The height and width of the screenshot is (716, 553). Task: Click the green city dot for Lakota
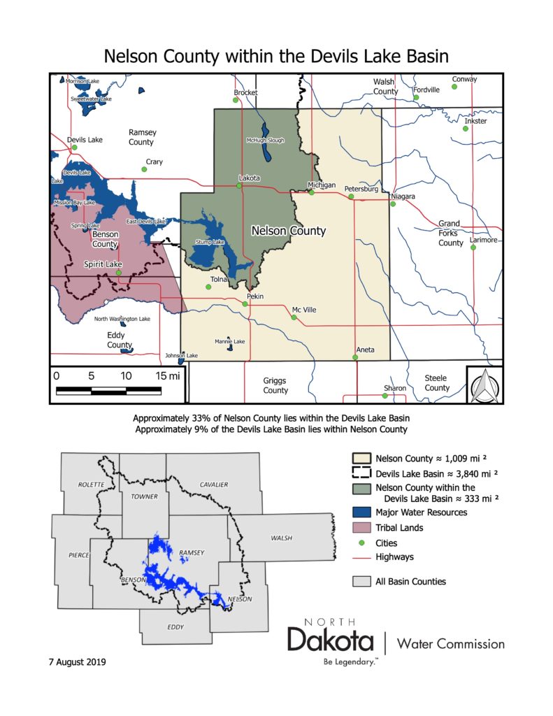[239, 186]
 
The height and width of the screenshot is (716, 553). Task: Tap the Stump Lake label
[210, 242]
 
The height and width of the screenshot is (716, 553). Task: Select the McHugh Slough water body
[266, 131]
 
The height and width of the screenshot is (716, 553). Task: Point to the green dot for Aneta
[356, 357]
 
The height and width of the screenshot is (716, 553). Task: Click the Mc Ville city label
[304, 309]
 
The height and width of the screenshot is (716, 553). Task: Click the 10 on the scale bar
[126, 375]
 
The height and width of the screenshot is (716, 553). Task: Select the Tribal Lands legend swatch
[361, 528]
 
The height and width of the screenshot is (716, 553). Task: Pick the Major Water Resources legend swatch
[361, 513]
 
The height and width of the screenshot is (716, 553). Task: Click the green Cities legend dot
[361, 543]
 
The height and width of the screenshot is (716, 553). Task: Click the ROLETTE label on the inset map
[91, 485]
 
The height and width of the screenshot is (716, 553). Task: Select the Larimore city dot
[473, 248]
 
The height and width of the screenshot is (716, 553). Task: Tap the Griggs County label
[275, 385]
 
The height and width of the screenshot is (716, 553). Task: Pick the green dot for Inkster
[466, 129]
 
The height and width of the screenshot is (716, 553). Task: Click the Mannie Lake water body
[229, 348]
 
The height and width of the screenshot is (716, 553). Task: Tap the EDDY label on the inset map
[175, 626]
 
